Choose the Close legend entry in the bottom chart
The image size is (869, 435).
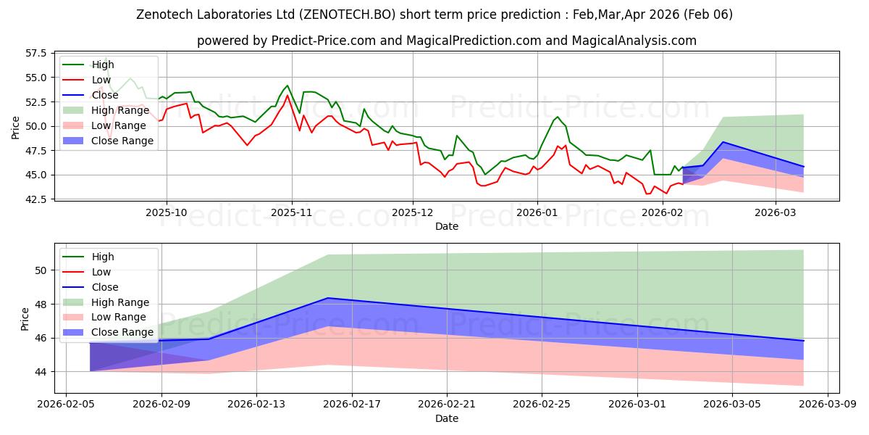coord(105,287)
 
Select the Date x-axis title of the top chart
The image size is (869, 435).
coord(447,226)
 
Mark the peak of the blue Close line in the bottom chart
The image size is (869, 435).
coord(328,298)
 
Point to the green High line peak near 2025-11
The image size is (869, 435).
coord(287,86)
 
